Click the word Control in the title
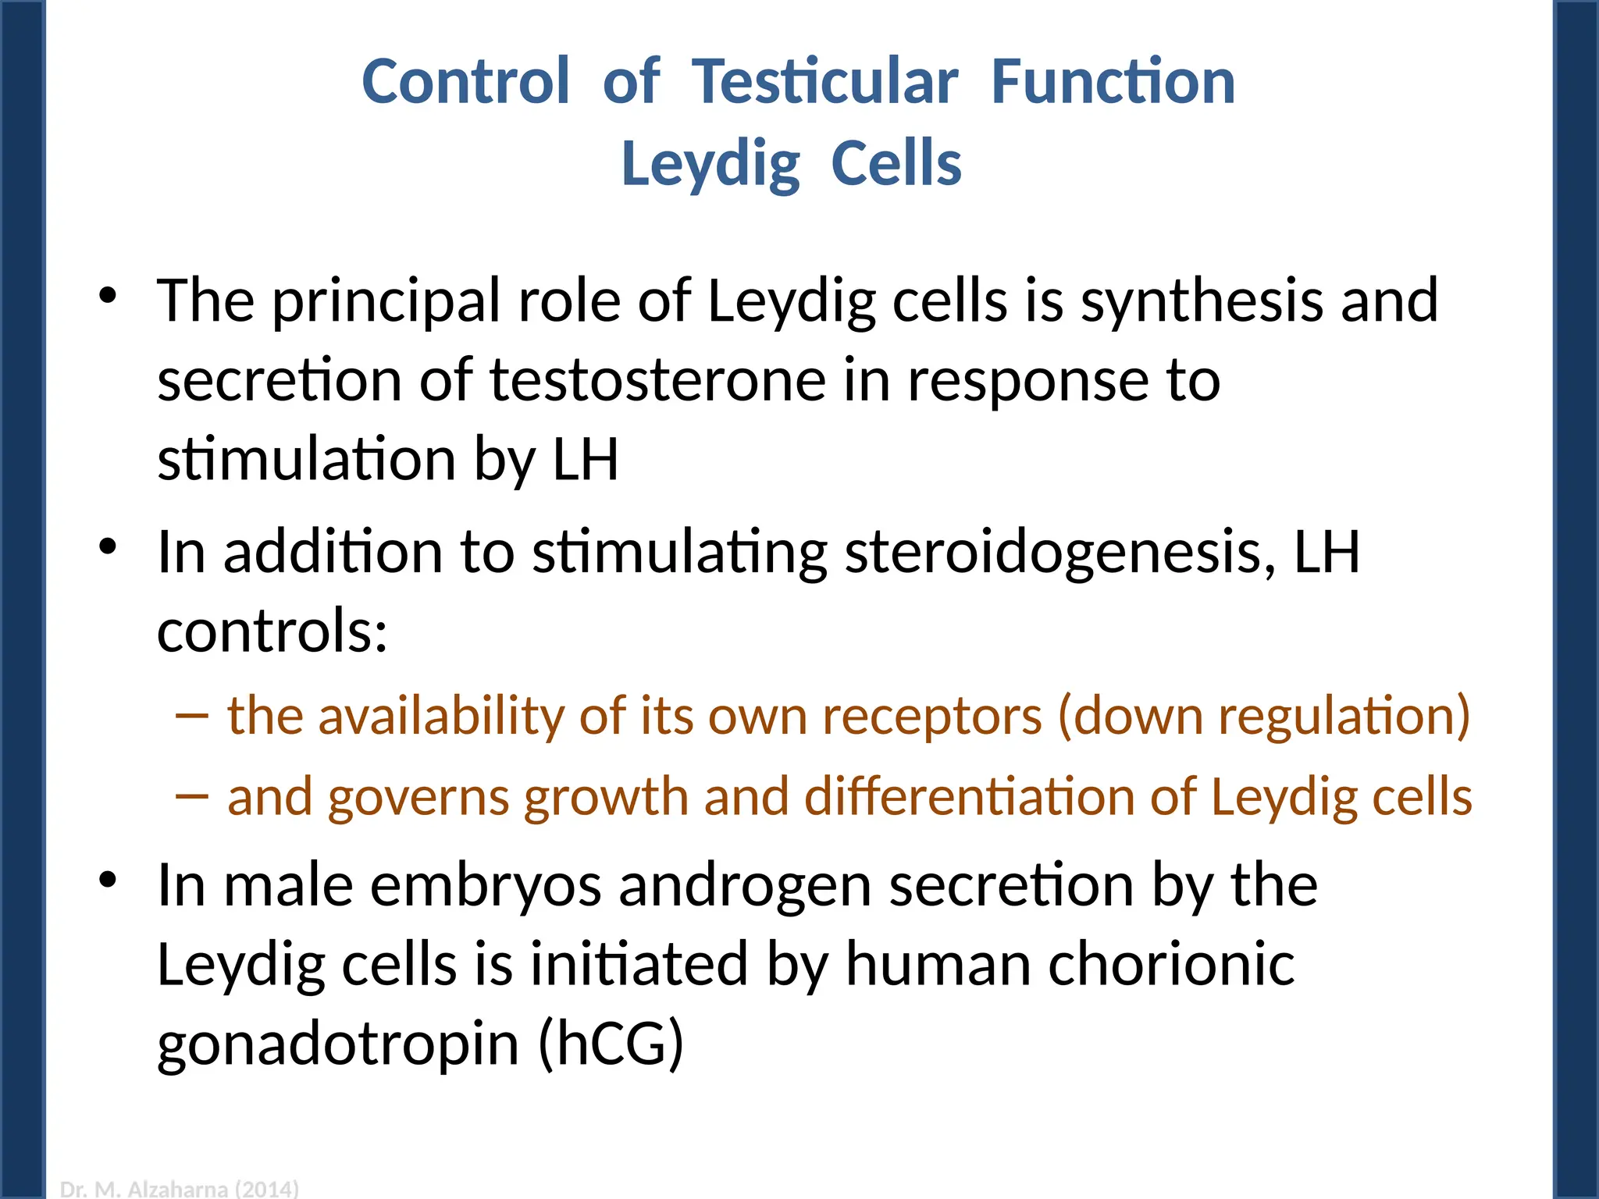click(x=465, y=82)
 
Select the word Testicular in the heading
click(x=824, y=82)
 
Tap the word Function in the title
click(x=1113, y=82)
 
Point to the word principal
click(x=386, y=302)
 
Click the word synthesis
click(x=1202, y=302)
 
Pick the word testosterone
click(x=657, y=381)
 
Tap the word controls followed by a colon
click(x=272, y=631)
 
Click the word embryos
click(x=485, y=887)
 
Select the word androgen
click(x=745, y=887)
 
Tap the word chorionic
click(x=1171, y=965)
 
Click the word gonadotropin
click(x=338, y=1046)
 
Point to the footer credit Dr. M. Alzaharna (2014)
click(x=180, y=1189)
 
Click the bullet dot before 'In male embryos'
click(x=108, y=881)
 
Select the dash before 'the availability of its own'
click(x=192, y=715)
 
